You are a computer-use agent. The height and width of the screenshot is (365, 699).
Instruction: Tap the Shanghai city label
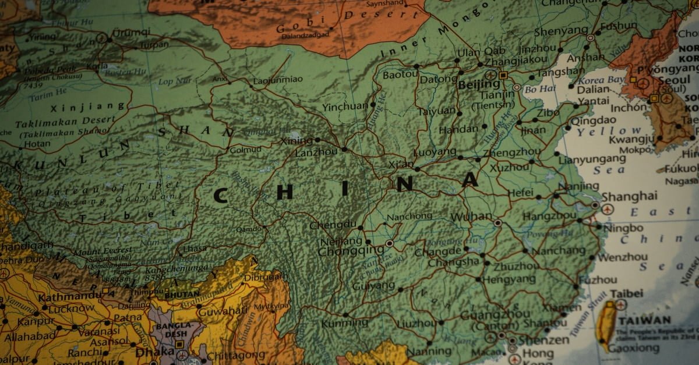(629, 196)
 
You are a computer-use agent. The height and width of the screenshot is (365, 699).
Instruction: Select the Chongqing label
(351, 251)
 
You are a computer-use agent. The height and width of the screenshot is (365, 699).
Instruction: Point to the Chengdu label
(333, 225)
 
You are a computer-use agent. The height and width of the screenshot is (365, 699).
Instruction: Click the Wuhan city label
(471, 217)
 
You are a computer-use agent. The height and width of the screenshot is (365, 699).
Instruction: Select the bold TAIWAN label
(644, 320)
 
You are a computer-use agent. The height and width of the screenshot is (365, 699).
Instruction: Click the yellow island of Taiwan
(608, 324)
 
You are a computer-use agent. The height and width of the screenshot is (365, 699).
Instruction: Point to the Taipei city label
(626, 293)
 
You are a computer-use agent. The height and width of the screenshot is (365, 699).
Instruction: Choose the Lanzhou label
(316, 152)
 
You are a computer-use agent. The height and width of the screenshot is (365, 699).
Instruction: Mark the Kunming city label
(337, 323)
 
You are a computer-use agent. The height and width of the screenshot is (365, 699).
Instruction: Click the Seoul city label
(674, 80)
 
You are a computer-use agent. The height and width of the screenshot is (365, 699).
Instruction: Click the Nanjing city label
(578, 186)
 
